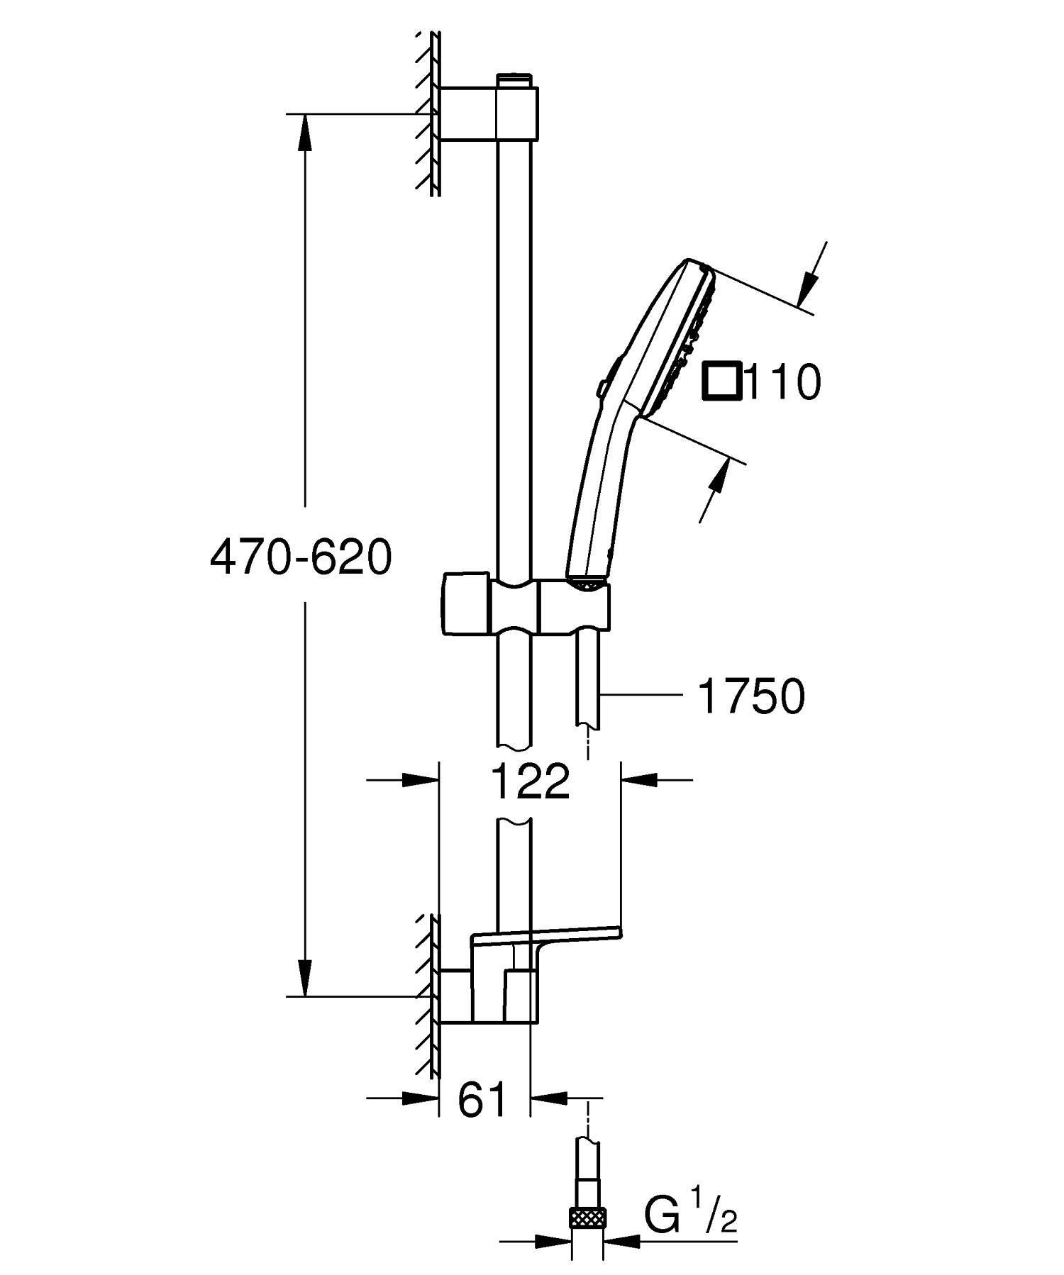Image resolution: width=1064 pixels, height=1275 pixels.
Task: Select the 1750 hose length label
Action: [752, 696]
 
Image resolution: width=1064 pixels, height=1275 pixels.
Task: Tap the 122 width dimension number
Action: [531, 781]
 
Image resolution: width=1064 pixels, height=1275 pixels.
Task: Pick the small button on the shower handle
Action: [601, 388]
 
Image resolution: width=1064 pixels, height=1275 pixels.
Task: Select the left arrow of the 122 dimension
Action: [419, 780]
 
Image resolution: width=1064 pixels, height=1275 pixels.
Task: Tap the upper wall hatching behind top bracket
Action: [428, 113]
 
